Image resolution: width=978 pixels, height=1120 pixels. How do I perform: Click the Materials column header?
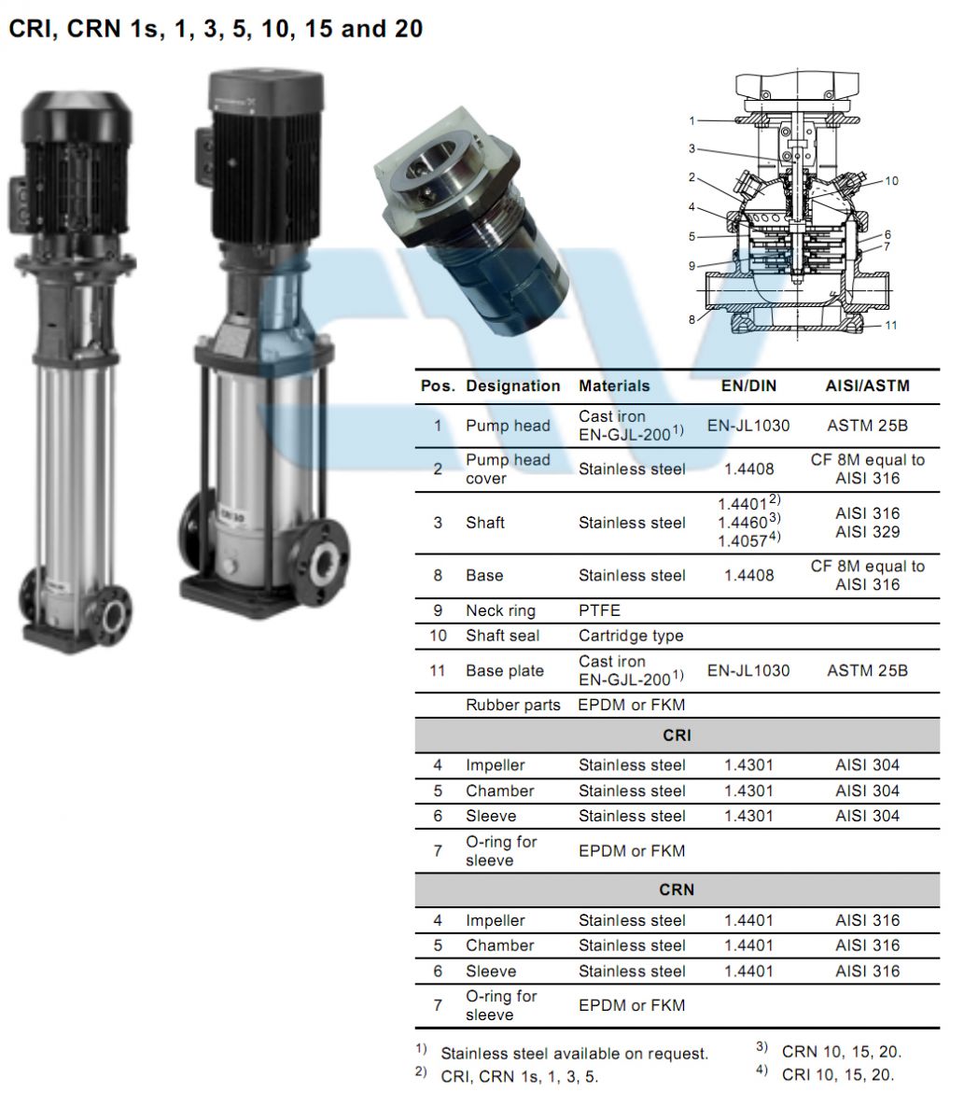click(x=614, y=385)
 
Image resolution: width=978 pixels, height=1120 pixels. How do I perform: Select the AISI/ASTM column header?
click(x=868, y=385)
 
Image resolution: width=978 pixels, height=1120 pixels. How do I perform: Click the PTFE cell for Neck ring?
click(x=599, y=610)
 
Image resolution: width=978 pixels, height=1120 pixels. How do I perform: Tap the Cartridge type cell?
click(x=631, y=636)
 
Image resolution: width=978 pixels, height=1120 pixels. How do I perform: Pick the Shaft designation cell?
click(x=485, y=523)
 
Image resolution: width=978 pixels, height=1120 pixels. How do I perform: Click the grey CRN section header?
click(x=677, y=889)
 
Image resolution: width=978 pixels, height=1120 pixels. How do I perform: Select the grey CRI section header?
click(x=677, y=735)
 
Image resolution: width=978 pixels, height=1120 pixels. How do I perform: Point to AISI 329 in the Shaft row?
click(x=868, y=532)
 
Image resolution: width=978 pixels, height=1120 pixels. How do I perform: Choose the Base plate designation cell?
click(x=505, y=670)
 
